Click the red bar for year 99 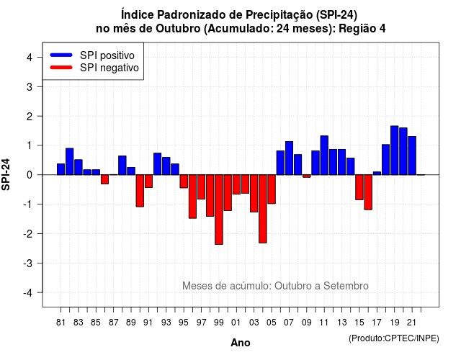click(x=219, y=210)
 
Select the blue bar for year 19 click(x=394, y=150)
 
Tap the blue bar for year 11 click(x=324, y=156)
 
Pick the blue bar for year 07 click(x=289, y=158)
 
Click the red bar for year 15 click(x=359, y=187)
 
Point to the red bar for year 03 click(x=254, y=194)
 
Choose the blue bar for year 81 click(x=61, y=169)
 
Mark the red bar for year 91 click(x=148, y=181)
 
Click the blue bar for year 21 click(x=412, y=156)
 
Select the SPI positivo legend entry click(x=92, y=55)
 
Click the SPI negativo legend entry click(x=94, y=68)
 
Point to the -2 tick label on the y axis click(x=28, y=234)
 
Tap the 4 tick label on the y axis click(x=30, y=58)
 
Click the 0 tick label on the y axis click(x=30, y=175)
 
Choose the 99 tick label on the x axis click(x=219, y=323)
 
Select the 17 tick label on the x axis click(x=377, y=323)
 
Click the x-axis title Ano click(x=241, y=343)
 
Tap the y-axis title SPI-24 click(x=6, y=174)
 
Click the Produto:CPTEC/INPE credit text click(x=394, y=338)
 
